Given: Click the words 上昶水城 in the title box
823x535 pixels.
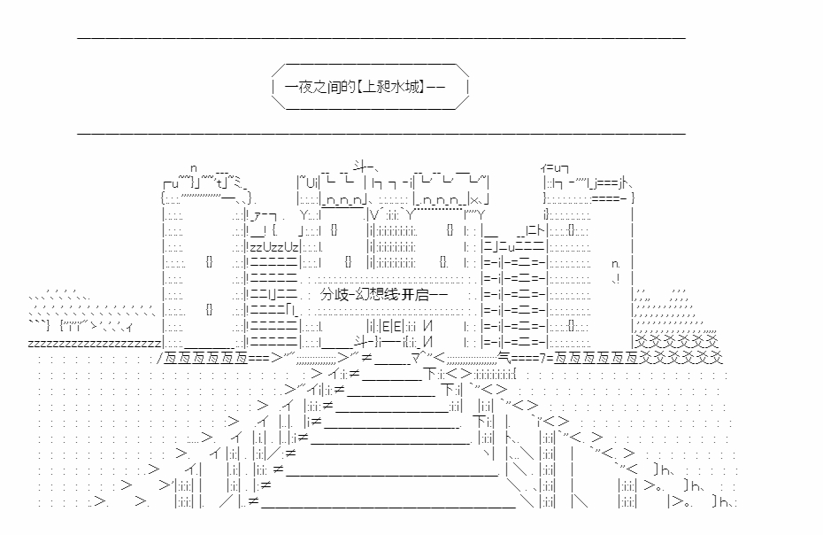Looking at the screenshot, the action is (x=392, y=86).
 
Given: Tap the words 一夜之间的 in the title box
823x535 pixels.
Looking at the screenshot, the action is (x=319, y=86).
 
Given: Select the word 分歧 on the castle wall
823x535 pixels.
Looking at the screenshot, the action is (x=335, y=294).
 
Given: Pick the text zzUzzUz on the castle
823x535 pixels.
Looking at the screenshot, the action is (x=274, y=247).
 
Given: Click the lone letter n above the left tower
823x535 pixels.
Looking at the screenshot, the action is (x=193, y=168).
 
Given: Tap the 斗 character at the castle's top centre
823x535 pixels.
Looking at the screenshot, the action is (x=360, y=167).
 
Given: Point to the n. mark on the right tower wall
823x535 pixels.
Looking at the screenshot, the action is (x=616, y=263).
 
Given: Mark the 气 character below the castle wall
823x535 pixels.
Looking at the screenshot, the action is (x=504, y=359).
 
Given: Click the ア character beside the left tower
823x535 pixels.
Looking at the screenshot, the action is (x=258, y=215).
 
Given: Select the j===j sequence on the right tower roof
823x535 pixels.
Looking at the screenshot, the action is (x=609, y=183).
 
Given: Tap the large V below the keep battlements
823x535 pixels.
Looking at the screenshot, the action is (x=373, y=214).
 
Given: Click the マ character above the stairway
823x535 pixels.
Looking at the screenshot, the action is (x=417, y=358).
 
